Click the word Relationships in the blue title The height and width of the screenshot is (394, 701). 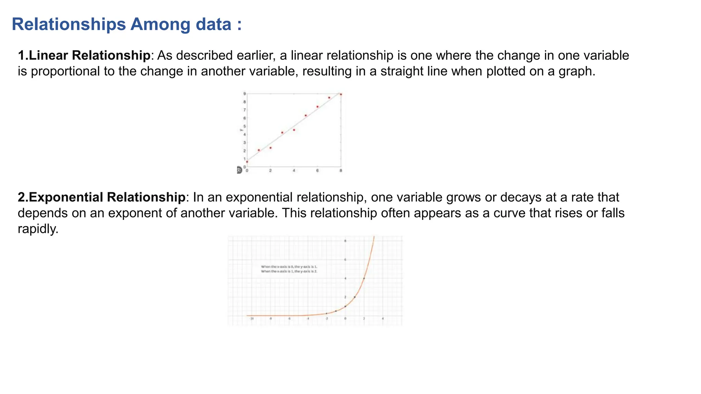[x=68, y=25]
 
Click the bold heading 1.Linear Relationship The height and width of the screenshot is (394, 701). [x=84, y=55]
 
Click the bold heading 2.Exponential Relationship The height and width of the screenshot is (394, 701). [x=101, y=197]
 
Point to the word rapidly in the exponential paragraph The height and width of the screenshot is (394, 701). [x=38, y=229]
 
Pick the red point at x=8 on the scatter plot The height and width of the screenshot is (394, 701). [x=341, y=94]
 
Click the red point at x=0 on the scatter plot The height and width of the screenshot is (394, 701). [x=247, y=162]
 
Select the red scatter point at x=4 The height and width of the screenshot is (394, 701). [x=294, y=130]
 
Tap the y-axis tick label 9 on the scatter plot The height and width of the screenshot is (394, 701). [x=244, y=94]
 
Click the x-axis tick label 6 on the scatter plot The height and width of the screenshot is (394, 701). [x=317, y=171]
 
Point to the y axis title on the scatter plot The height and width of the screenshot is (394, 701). [x=241, y=130]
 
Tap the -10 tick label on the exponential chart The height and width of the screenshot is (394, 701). [x=252, y=319]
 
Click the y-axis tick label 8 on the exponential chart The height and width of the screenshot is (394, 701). [x=345, y=241]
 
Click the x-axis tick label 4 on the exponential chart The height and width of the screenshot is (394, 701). [x=383, y=319]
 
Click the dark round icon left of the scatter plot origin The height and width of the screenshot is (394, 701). [x=239, y=170]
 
